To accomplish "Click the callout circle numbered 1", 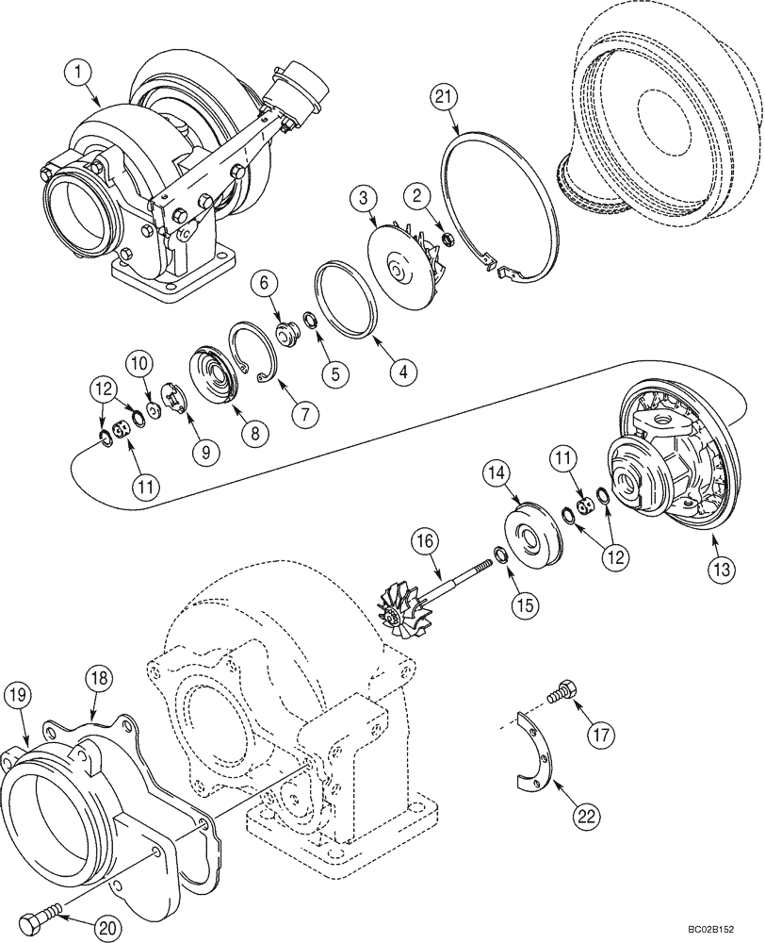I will click(x=80, y=71).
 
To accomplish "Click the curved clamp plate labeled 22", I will click(x=536, y=753).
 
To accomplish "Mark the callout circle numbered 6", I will click(x=266, y=282).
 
